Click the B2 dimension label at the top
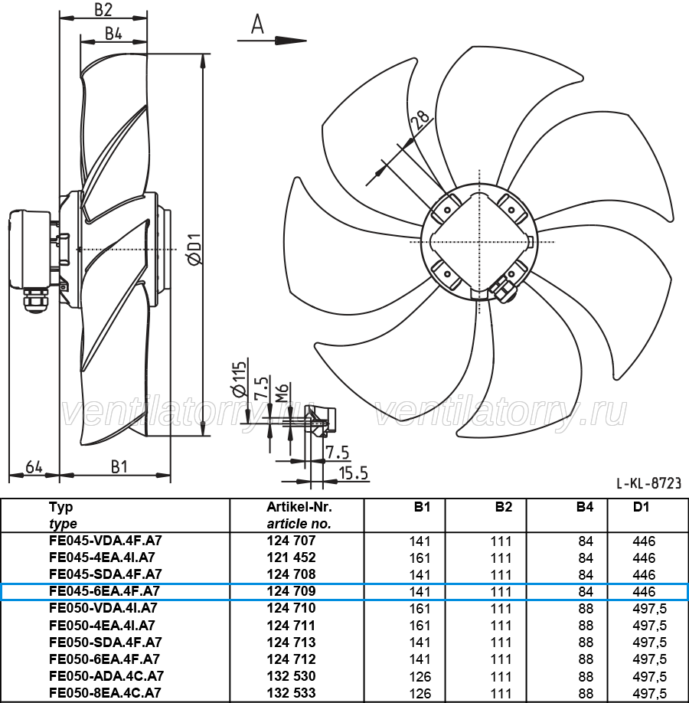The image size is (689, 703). pos(103,9)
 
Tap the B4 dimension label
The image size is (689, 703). pos(113,33)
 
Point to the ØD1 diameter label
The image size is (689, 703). pos(194,249)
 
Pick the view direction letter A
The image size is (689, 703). pos(257,24)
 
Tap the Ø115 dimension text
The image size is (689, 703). pos(240,378)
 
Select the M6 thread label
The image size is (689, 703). pos(282,392)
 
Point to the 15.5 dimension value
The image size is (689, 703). pos(353,473)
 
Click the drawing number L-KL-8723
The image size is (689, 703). pos(648,483)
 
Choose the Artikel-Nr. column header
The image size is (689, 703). pos(299,507)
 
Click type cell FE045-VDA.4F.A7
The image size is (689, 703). pos(106,541)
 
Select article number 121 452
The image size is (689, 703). pos(292,557)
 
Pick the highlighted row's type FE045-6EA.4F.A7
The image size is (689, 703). pos(104,591)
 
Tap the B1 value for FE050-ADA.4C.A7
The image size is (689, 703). pos(420,676)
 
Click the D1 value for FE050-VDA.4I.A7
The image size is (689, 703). pos(649,608)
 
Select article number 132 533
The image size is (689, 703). pos(292,693)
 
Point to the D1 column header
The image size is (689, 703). pos(641,507)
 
